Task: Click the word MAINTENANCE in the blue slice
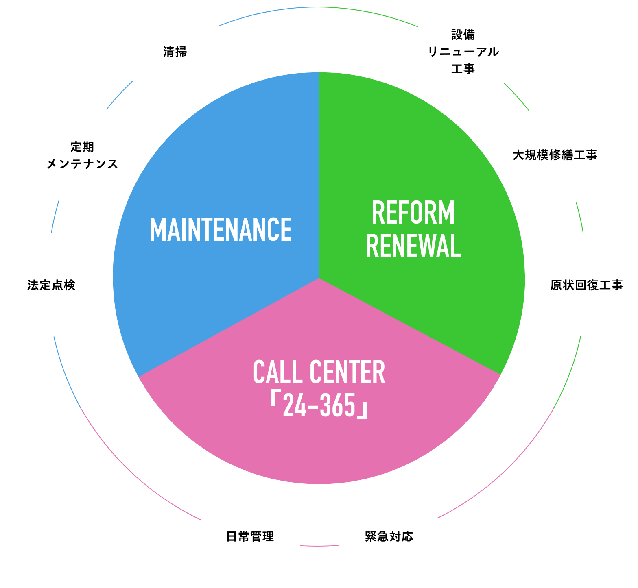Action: coord(221,229)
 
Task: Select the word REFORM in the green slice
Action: coord(413,213)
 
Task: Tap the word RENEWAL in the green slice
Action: coord(413,246)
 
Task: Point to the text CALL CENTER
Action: coord(319,372)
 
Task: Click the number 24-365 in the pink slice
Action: coord(319,405)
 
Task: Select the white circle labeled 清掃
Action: coord(175,52)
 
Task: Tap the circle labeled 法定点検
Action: coord(51,285)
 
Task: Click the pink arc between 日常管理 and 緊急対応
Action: coord(319,546)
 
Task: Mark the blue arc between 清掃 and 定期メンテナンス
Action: coord(120,95)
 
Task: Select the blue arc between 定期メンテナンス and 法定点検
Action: coord(55,217)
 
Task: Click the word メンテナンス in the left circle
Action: coord(82,164)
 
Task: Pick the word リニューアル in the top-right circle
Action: coord(463,52)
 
